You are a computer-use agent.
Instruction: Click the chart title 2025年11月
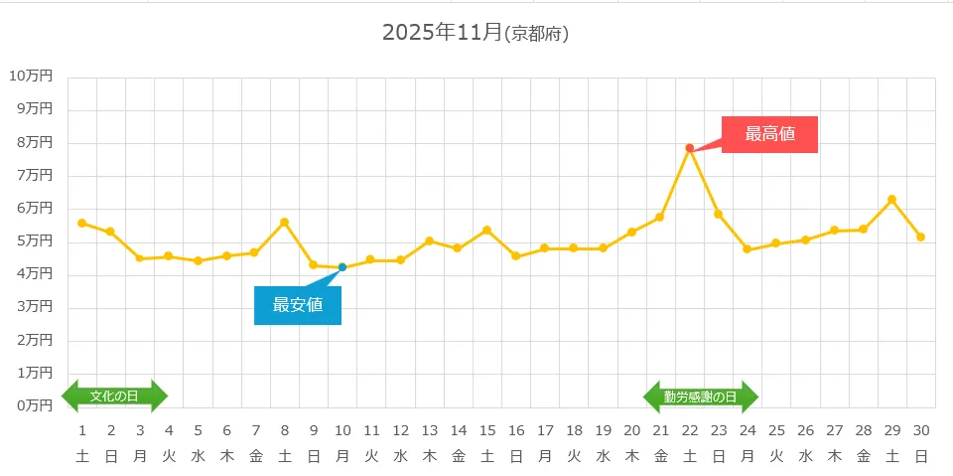pyautogui.click(x=443, y=32)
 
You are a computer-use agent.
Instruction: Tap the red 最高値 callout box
pyautogui.click(x=769, y=134)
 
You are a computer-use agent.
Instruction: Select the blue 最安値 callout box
pyautogui.click(x=298, y=305)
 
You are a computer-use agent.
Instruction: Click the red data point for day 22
pyautogui.click(x=689, y=148)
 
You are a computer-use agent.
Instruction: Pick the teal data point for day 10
pyautogui.click(x=342, y=267)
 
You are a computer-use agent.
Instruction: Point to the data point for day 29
pyautogui.click(x=891, y=200)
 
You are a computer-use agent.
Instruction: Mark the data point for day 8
pyautogui.click(x=284, y=222)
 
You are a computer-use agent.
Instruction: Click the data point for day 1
pyautogui.click(x=81, y=223)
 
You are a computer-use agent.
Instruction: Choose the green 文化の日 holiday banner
pyautogui.click(x=114, y=396)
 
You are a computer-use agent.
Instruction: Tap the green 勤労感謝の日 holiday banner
pyautogui.click(x=701, y=397)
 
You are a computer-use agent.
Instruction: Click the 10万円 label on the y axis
pyautogui.click(x=31, y=76)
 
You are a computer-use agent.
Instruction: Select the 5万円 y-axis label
pyautogui.click(x=34, y=240)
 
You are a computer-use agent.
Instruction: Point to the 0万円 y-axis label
pyautogui.click(x=34, y=405)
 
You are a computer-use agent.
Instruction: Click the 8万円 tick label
pyautogui.click(x=34, y=142)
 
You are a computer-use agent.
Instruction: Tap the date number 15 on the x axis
pyautogui.click(x=486, y=430)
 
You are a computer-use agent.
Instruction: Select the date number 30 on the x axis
pyautogui.click(x=921, y=430)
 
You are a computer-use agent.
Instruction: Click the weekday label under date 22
pyautogui.click(x=690, y=457)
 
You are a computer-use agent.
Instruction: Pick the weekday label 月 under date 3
pyautogui.click(x=140, y=457)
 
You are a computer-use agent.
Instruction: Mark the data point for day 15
pyautogui.click(x=486, y=231)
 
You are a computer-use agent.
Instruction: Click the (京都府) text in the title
pyautogui.click(x=536, y=34)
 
